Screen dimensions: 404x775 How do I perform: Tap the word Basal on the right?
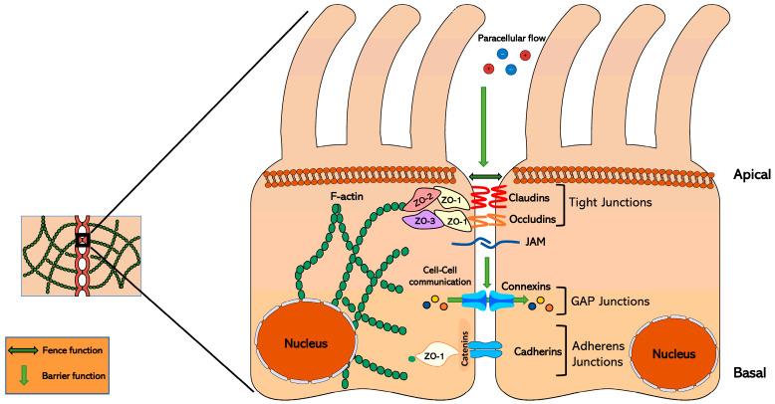click(x=745, y=372)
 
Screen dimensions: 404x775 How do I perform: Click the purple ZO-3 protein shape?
click(x=420, y=222)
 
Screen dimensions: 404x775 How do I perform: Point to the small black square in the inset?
click(x=84, y=240)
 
